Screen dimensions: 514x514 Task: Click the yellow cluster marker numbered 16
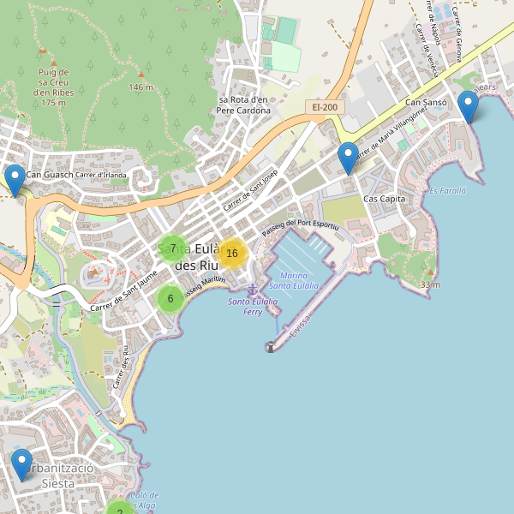click(231, 253)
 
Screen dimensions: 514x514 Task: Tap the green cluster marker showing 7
click(173, 248)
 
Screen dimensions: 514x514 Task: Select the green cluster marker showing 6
click(170, 299)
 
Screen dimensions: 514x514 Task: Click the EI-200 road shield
click(325, 107)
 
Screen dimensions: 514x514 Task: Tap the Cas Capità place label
click(384, 199)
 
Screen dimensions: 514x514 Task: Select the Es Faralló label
click(447, 190)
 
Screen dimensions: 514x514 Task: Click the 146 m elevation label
click(140, 87)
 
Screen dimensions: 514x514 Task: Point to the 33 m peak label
click(430, 284)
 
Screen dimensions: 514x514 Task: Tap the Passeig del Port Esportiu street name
click(301, 226)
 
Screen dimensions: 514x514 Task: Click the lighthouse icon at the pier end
click(270, 347)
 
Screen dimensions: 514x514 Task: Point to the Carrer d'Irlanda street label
click(100, 176)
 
